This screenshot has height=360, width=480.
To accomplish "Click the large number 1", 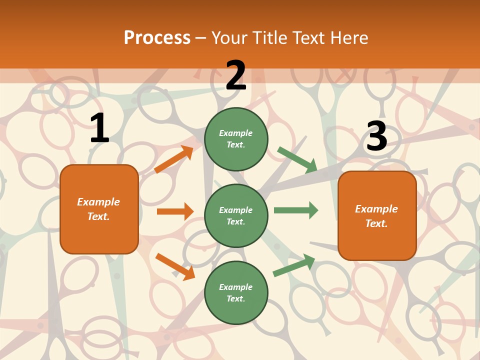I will pos(99,129).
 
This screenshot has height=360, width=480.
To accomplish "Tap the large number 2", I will pos(236,75).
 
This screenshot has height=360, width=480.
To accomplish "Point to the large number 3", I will pos(376,136).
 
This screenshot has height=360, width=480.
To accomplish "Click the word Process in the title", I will pos(157,37).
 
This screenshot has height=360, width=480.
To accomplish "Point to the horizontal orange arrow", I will pos(175,211).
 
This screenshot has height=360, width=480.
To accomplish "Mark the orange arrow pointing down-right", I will pos(175,266).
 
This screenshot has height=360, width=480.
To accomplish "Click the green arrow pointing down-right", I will pos(297,159).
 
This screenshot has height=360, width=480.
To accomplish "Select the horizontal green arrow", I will pos(296,210).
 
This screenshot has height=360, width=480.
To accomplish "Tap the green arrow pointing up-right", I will pos(294,265).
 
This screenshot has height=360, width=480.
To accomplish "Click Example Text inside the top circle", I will pos(236,139).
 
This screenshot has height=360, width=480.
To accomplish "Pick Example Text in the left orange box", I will pos(99,209).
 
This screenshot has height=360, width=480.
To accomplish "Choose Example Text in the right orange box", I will pos(377,216).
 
